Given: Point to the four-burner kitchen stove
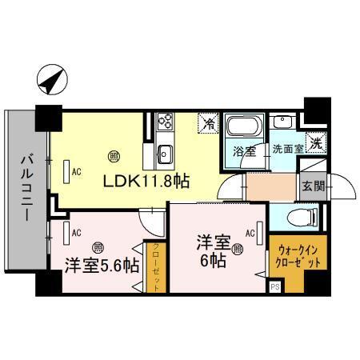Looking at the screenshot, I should click(x=166, y=122).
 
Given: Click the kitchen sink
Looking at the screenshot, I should click(x=166, y=152).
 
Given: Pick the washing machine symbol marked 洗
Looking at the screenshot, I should click(x=317, y=145).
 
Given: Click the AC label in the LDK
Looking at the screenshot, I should click(x=78, y=171).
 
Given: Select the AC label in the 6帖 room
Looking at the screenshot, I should click(x=250, y=234).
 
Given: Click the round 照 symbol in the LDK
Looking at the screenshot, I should click(x=114, y=157).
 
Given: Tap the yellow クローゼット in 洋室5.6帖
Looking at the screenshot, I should click(x=155, y=268).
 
